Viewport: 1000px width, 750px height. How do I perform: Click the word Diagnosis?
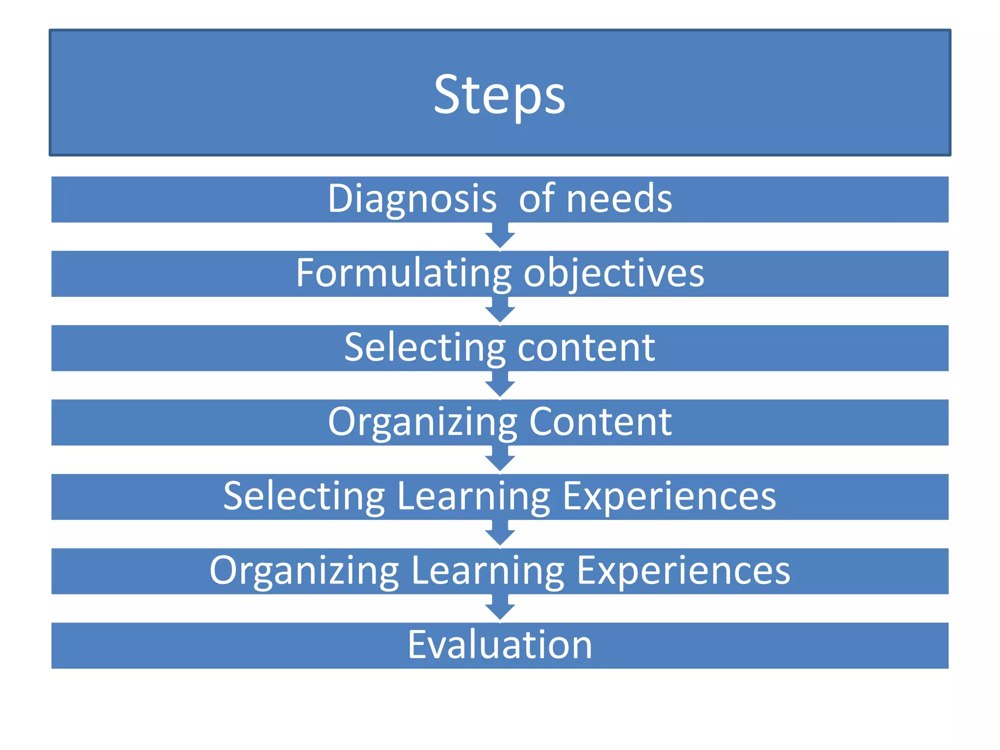pos(412,199)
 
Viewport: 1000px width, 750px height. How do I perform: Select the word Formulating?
pos(403,273)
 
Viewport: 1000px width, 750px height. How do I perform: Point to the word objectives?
pos(614,273)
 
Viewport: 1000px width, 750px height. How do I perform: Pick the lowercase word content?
pos(586,348)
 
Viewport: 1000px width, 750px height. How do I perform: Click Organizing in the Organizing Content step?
pos(422,422)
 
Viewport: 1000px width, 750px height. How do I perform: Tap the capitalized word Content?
pos(601,422)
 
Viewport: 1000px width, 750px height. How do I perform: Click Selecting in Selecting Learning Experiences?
pos(304,497)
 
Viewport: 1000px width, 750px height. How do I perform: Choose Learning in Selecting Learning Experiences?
pos(473,497)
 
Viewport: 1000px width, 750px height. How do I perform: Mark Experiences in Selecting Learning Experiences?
pos(669,497)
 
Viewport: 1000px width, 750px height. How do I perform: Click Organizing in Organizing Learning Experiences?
pos(304,571)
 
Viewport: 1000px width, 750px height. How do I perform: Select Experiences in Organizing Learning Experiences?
pos(683,571)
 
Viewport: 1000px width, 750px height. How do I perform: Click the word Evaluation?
pos(500,645)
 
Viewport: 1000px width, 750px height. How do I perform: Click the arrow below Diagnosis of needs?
pos(500,237)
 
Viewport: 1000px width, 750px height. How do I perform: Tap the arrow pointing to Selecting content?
pos(500,311)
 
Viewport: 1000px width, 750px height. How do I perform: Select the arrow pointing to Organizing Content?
pos(500,385)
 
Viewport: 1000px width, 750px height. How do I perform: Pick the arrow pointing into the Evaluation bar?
pos(500,608)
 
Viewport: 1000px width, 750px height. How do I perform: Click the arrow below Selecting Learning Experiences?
pos(500,534)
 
